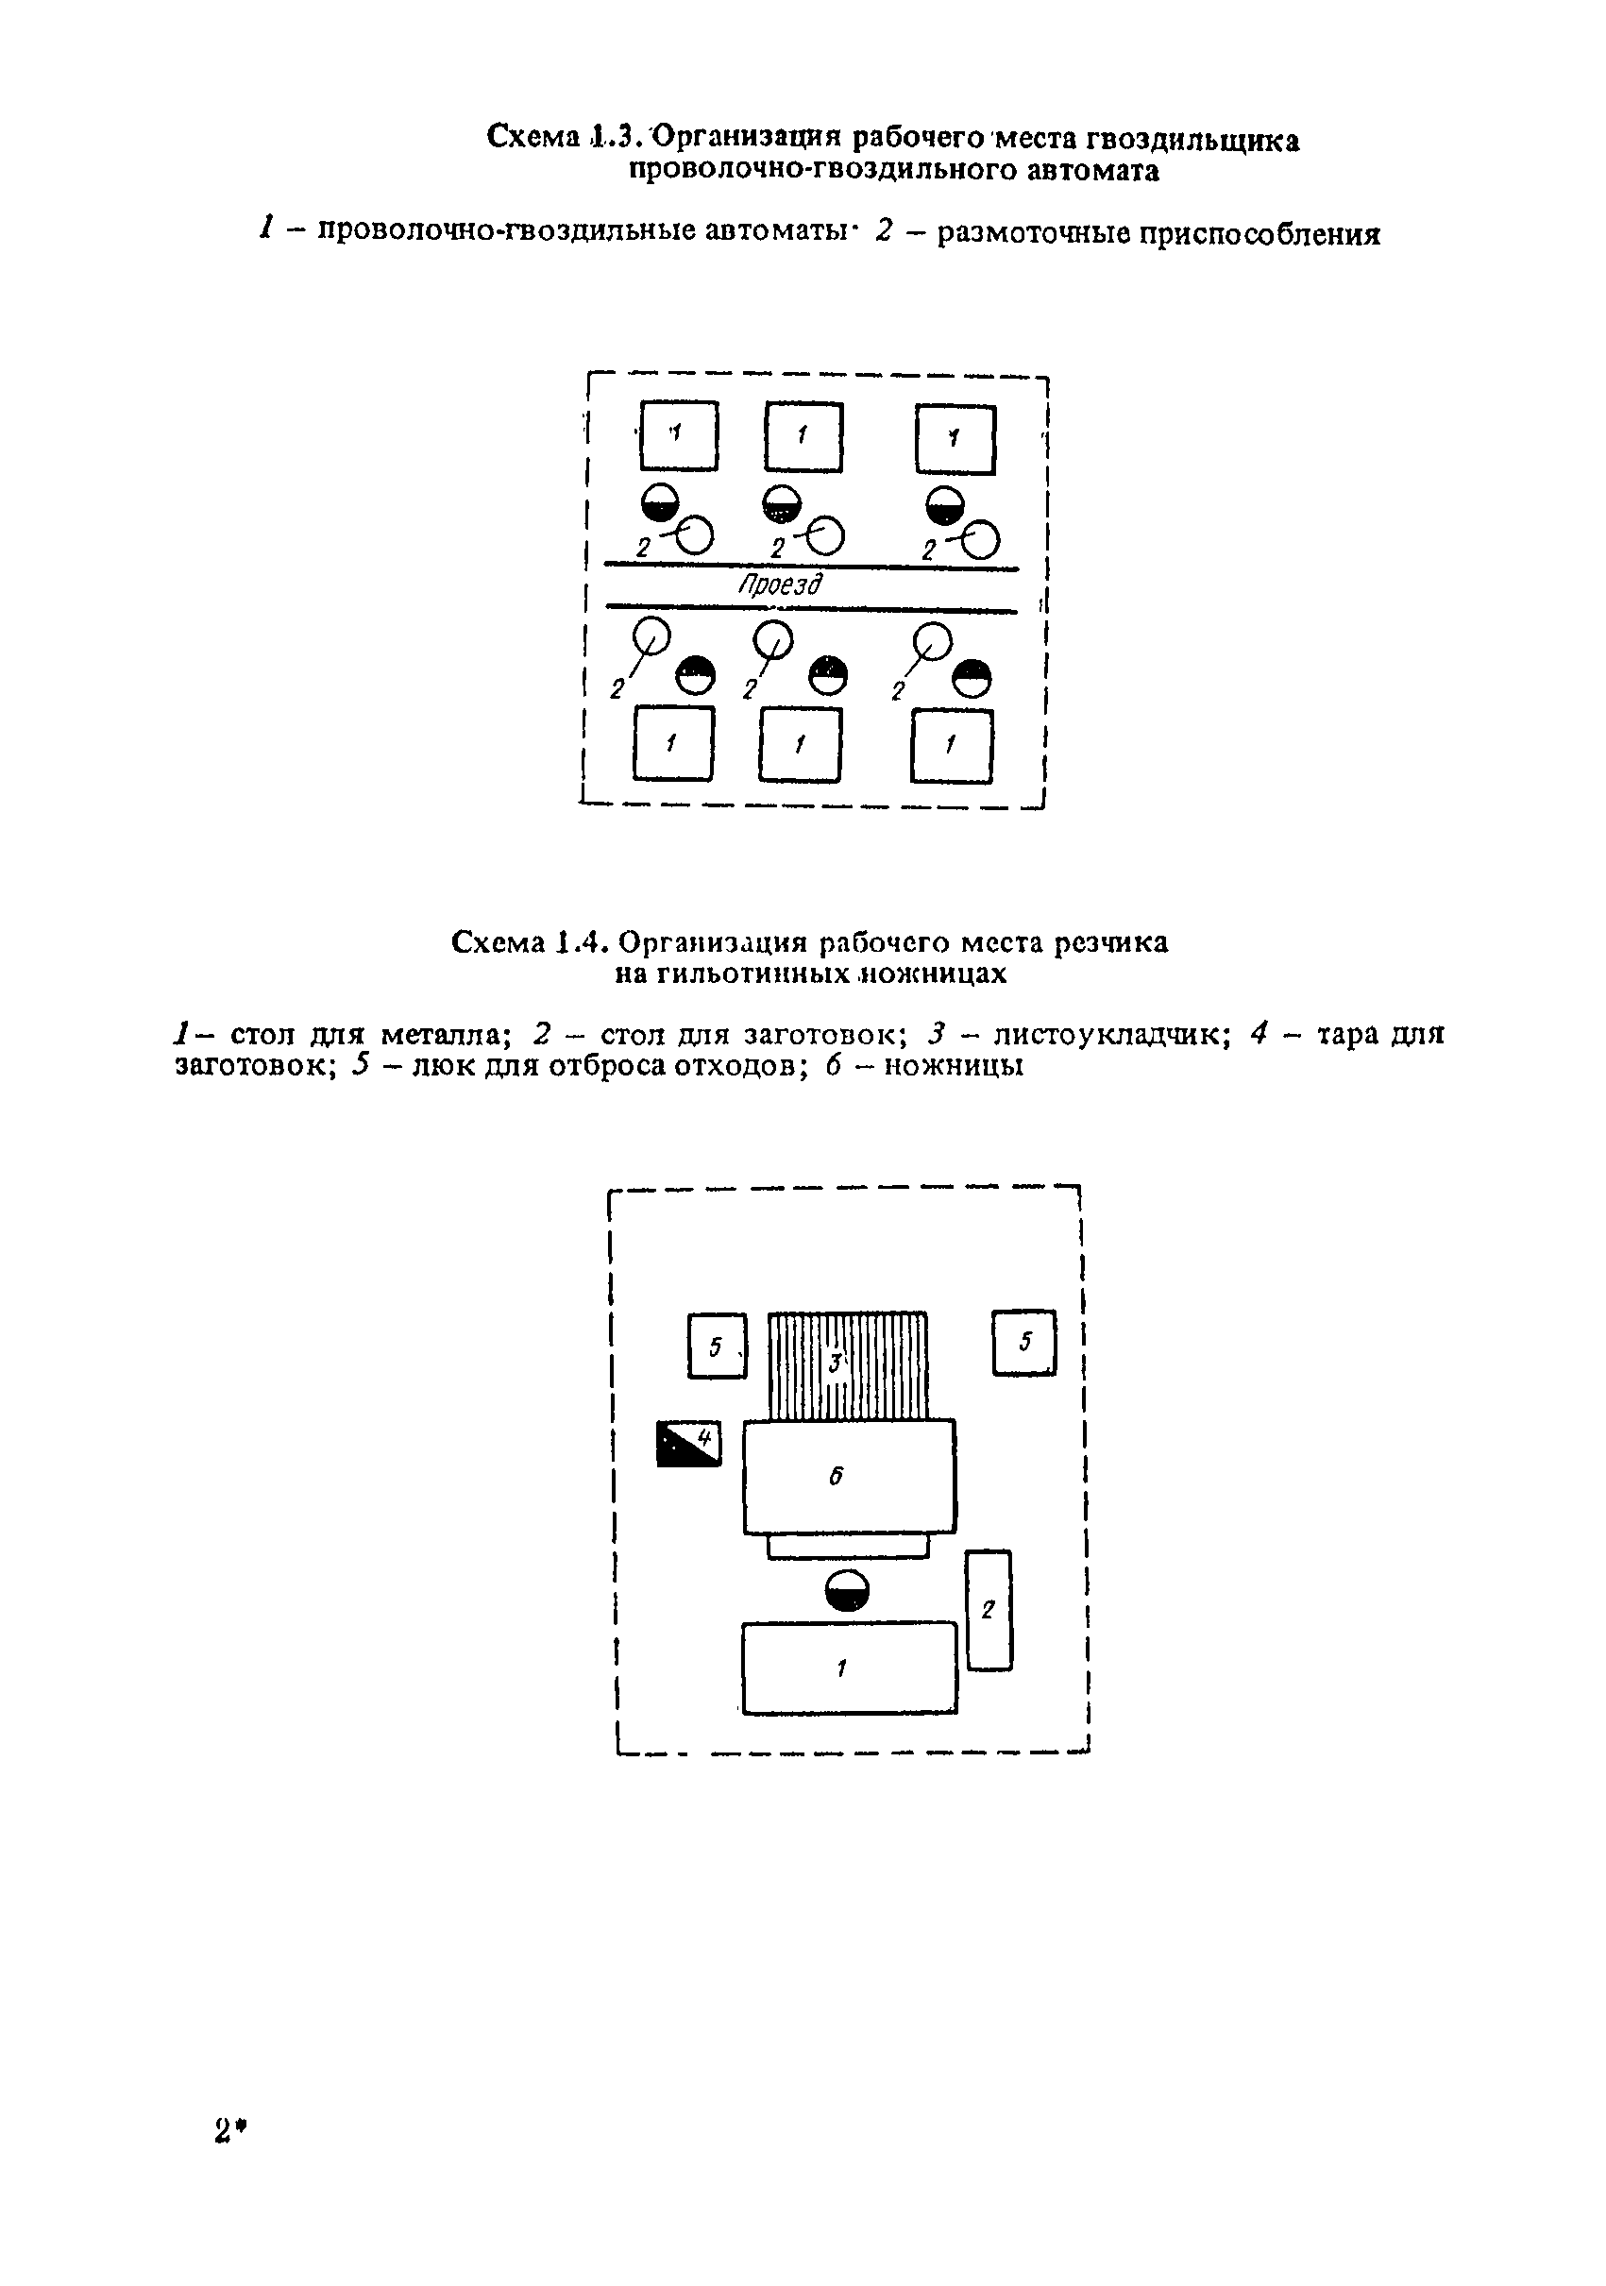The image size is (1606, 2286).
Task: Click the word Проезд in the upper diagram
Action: coord(781,585)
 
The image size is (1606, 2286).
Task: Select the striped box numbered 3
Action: coord(847,1366)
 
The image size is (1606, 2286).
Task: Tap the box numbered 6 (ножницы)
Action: coord(850,1477)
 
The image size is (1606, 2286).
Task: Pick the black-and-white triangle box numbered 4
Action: coord(688,1444)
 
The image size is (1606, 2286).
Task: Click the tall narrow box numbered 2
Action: coord(989,1610)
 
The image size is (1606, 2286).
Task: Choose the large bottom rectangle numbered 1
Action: coord(850,1668)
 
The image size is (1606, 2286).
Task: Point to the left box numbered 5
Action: coord(717,1346)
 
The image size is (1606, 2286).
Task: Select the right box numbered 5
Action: coord(1024,1343)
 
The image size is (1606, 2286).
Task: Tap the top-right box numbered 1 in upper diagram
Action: coord(955,439)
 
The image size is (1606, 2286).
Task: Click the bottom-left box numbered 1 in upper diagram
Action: coord(673,743)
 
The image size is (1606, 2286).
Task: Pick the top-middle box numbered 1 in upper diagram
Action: coord(803,436)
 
